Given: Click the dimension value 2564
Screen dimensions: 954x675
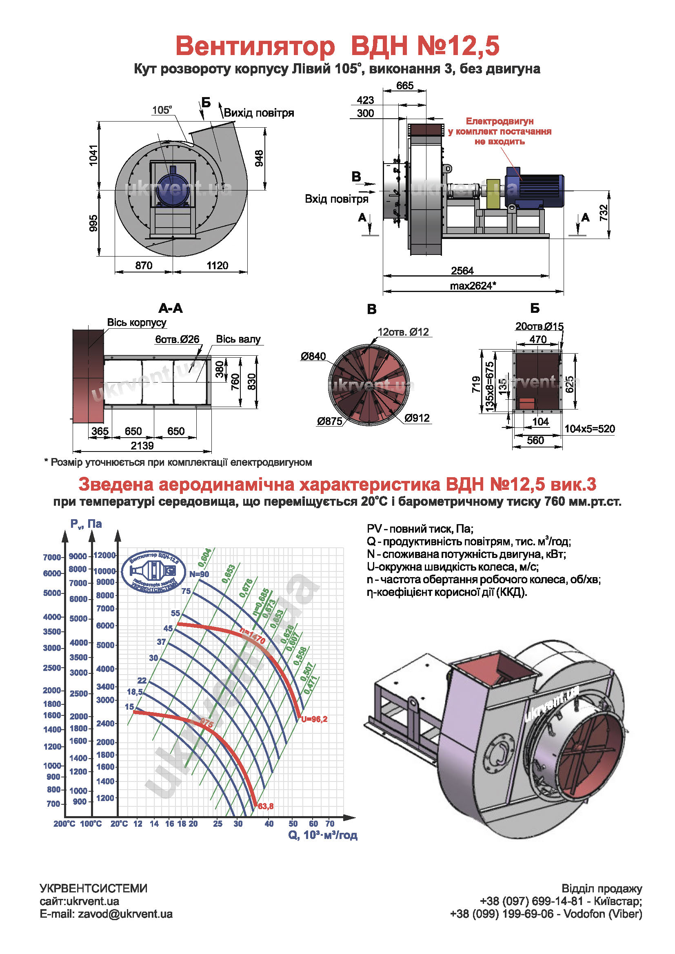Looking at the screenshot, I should coord(462,271).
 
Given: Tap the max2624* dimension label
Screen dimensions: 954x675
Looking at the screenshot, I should coord(473,286).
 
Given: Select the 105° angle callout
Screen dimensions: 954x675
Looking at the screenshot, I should coord(162,110).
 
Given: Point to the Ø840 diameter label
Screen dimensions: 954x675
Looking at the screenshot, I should coord(313,356).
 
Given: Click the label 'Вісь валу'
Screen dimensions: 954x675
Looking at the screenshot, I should coord(238,339).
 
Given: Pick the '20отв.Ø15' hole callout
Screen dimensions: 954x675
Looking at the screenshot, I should coord(539,326).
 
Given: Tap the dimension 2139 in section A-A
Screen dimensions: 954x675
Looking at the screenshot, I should coord(142,446).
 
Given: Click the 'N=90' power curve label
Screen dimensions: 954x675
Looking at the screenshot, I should coord(199,574).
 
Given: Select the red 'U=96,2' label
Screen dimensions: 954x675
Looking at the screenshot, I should coord(314,719).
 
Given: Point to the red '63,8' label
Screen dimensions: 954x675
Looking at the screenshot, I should coord(266,806).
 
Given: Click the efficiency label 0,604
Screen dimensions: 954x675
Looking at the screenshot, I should coord(204,558).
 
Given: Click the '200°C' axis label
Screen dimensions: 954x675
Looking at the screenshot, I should coord(64,824).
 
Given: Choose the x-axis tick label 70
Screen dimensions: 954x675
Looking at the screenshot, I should coord(330,823).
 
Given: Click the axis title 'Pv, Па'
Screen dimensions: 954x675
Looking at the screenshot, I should coord(86,524).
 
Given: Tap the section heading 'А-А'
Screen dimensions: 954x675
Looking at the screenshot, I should coord(171,308).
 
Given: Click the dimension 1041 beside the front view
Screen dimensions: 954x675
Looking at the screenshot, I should coord(93,155).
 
